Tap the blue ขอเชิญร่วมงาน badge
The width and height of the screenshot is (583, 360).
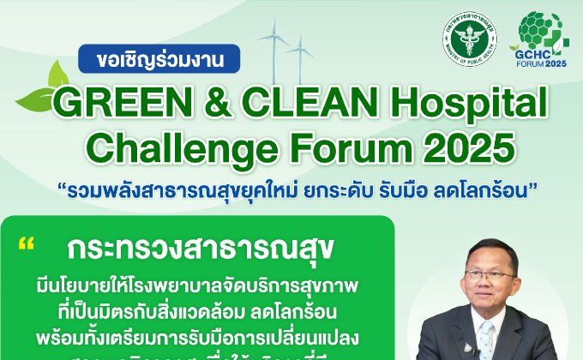pyautogui.click(x=159, y=61)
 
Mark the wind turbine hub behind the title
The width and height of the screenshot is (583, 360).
pyautogui.click(x=279, y=38)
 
